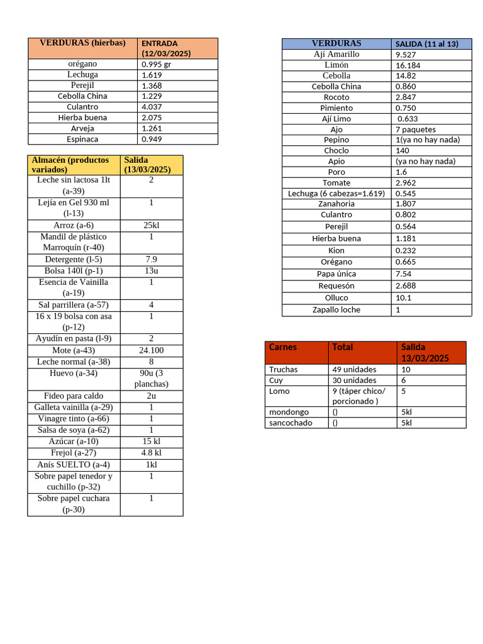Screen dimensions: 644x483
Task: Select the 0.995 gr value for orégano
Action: click(156, 64)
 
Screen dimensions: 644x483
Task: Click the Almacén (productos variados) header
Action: click(70, 165)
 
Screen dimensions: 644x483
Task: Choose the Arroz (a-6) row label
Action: click(74, 225)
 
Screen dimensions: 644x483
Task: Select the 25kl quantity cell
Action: click(152, 225)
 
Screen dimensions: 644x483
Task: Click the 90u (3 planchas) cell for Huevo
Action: click(152, 378)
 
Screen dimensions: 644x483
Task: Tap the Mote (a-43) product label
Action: click(74, 350)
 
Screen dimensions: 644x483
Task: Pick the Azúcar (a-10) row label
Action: click(74, 441)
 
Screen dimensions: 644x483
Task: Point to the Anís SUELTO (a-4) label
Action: click(74, 464)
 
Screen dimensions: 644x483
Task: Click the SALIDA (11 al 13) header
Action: click(425, 43)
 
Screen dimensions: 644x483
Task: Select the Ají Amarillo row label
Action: click(336, 54)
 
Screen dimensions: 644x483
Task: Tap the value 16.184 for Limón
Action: click(408, 65)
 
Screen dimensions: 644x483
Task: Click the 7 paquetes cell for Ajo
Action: click(416, 130)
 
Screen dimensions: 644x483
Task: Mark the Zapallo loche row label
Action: click(336, 309)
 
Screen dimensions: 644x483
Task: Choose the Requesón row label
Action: click(336, 286)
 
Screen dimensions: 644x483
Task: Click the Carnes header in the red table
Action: click(283, 347)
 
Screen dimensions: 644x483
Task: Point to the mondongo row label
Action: click(289, 412)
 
